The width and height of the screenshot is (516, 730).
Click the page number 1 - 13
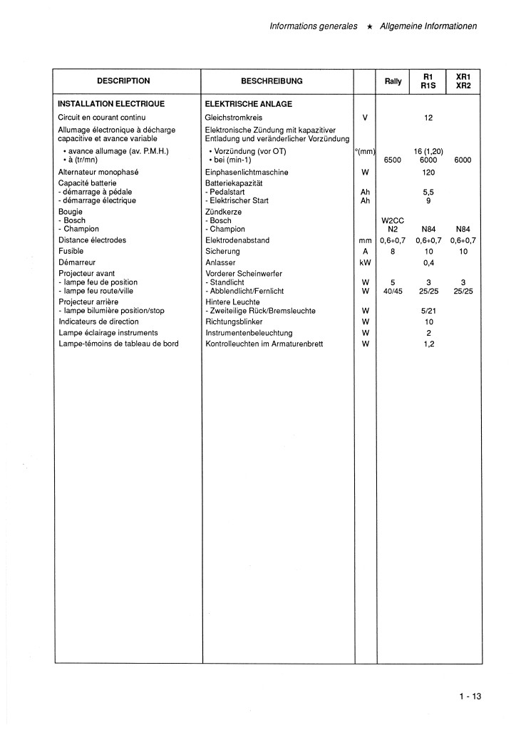tap(470, 698)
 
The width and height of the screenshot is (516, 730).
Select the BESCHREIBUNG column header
tap(272, 81)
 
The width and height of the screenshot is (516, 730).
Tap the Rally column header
tap(393, 81)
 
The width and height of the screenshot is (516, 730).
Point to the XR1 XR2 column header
tap(463, 81)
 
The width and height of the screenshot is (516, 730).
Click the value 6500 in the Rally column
tap(393, 161)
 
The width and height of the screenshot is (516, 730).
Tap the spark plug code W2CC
tap(393, 221)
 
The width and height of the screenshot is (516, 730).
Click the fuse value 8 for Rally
tap(393, 252)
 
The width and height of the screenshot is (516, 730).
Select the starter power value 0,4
tap(428, 263)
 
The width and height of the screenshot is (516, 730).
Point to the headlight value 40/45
tap(393, 292)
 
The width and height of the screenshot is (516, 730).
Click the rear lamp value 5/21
tap(428, 312)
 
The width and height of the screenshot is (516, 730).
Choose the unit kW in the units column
tap(365, 263)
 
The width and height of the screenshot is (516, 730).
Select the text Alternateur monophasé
tap(98, 173)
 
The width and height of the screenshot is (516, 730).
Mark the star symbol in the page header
tap(369, 26)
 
